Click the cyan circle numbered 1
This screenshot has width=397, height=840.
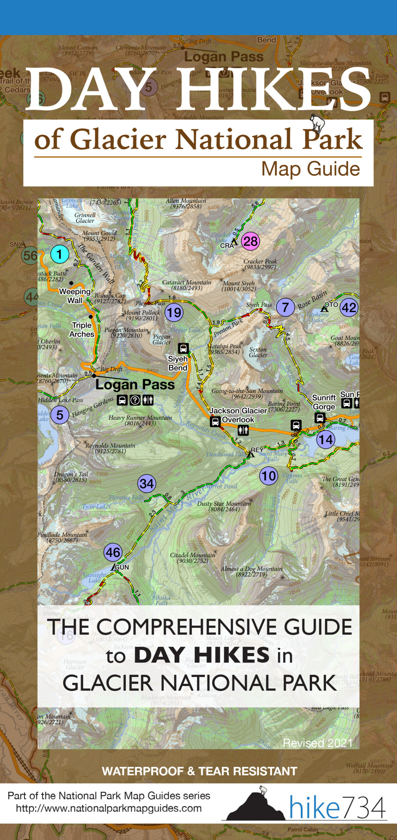click(59, 254)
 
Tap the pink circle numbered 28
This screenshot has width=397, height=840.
click(251, 241)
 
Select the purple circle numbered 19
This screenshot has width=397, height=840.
click(174, 312)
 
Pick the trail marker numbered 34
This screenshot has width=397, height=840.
click(146, 483)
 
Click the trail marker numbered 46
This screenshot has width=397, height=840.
click(113, 553)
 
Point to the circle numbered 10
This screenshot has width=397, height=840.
click(268, 476)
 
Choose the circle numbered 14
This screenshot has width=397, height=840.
click(326, 439)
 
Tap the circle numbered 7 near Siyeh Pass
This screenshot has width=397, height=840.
click(285, 307)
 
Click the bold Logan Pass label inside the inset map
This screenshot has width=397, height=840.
click(135, 385)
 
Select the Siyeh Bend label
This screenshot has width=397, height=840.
click(178, 363)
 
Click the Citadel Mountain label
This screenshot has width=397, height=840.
click(192, 558)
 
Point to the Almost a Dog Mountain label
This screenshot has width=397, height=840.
click(252, 571)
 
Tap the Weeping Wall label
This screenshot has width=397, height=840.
click(75, 296)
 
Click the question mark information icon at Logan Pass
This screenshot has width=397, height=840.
click(135, 400)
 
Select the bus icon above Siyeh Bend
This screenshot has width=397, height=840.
click(183, 348)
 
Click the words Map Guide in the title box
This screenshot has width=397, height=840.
click(310, 169)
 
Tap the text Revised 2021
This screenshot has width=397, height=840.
click(318, 743)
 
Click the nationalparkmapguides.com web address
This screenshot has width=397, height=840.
click(109, 808)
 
